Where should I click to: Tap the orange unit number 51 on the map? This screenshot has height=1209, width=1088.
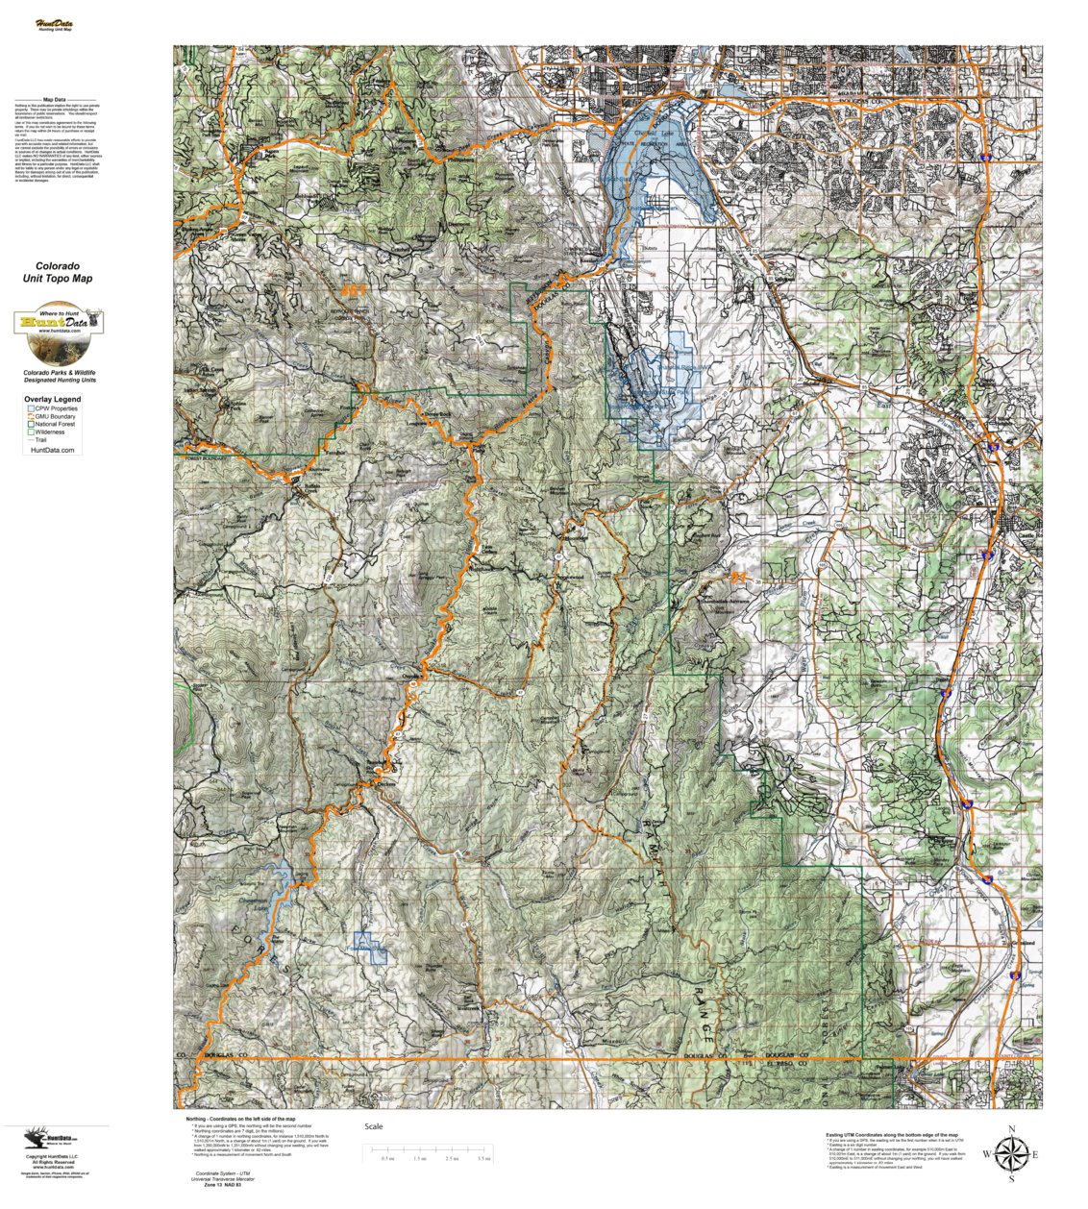739,577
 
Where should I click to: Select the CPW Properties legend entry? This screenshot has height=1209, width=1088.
57,408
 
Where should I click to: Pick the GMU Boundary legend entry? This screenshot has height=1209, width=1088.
57,416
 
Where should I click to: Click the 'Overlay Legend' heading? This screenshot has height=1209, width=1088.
53,399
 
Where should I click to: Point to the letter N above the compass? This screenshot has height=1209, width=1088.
1011,1128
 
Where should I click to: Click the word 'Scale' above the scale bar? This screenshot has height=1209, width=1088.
374,1126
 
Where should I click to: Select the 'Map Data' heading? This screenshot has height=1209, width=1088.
55,99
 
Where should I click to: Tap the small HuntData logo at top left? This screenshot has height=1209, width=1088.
55,24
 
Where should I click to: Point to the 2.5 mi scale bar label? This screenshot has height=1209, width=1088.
452,1159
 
